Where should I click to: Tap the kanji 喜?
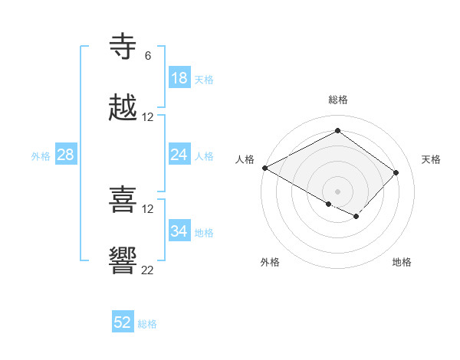123,200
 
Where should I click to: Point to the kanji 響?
123,260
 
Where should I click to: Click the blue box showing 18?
179,78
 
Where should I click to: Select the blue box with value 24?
179,155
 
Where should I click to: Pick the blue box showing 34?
179,231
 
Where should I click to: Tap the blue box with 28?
65,155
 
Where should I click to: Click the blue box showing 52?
123,322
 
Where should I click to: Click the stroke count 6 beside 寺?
147,56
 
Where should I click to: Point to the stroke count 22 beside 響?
147,269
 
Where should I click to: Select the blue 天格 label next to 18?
204,79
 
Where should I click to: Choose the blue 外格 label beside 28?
41,155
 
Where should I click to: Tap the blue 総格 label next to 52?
147,323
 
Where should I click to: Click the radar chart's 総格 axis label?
337,100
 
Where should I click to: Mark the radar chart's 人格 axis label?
245,159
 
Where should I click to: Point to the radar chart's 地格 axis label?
402,262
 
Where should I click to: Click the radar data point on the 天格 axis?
396,172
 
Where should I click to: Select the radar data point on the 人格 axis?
264,168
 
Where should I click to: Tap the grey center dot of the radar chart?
337,191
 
